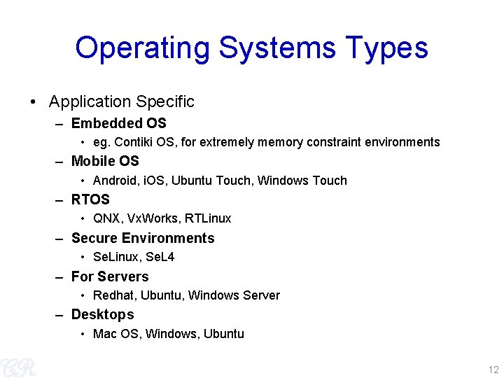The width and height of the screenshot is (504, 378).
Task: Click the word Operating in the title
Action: [x=142, y=49]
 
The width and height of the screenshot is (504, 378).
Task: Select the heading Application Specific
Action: [x=121, y=101]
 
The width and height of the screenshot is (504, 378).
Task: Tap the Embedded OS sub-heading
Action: [x=118, y=124]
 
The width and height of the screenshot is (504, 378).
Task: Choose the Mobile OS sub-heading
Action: [x=105, y=162]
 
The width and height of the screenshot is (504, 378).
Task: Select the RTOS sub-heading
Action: [x=90, y=199]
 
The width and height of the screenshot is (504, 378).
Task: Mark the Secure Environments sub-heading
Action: [x=143, y=238]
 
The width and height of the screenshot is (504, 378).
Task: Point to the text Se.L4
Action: [x=160, y=257]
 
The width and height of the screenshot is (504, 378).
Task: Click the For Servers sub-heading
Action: [x=110, y=276]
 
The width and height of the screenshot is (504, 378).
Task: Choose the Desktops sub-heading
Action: [x=102, y=314]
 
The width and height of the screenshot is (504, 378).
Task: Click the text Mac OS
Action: [x=116, y=334]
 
